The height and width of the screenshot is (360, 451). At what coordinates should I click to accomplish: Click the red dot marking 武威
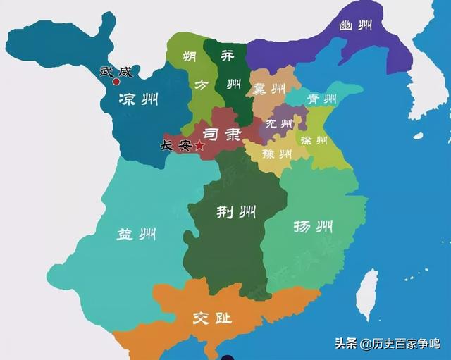tap(116, 82)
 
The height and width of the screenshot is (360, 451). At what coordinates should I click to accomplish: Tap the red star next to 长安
tap(199, 146)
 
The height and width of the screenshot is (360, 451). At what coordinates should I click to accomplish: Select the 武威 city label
tap(116, 70)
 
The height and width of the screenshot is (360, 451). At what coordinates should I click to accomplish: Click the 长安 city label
tap(176, 146)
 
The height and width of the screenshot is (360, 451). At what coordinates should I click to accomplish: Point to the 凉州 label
tap(138, 100)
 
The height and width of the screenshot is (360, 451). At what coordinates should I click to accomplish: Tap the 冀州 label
tap(268, 89)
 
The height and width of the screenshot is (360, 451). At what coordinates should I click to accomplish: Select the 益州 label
tap(137, 235)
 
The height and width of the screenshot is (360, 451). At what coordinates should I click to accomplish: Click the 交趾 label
tap(211, 318)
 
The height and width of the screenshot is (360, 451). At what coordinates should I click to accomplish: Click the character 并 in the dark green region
tap(225, 57)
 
